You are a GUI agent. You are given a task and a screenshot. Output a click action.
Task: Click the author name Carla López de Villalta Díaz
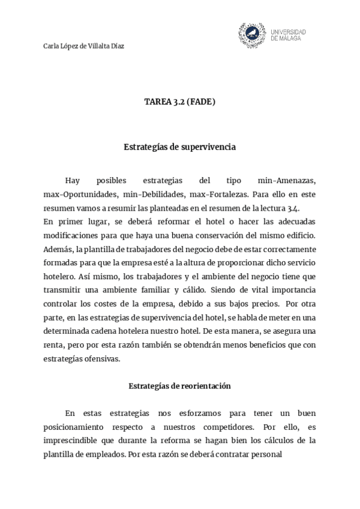pyautogui.click(x=84, y=46)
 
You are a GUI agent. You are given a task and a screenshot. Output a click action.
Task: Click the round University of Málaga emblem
pyautogui.click(x=252, y=35)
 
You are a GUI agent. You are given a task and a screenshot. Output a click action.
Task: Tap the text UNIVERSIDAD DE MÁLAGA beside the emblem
pyautogui.click(x=288, y=35)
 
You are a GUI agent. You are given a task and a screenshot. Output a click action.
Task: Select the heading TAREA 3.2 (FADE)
pyautogui.click(x=179, y=102)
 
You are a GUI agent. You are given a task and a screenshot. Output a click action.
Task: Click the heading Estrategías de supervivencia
pyautogui.click(x=179, y=146)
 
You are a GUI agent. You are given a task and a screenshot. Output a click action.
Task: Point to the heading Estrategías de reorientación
pyautogui.click(x=179, y=386)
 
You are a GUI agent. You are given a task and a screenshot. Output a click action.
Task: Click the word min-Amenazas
pyautogui.click(x=286, y=181)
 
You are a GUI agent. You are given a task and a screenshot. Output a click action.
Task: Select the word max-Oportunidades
pyautogui.click(x=80, y=194)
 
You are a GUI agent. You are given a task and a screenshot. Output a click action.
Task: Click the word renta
pyautogui.click(x=54, y=345)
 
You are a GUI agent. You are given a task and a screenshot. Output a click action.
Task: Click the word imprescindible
pyautogui.click(x=71, y=441)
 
